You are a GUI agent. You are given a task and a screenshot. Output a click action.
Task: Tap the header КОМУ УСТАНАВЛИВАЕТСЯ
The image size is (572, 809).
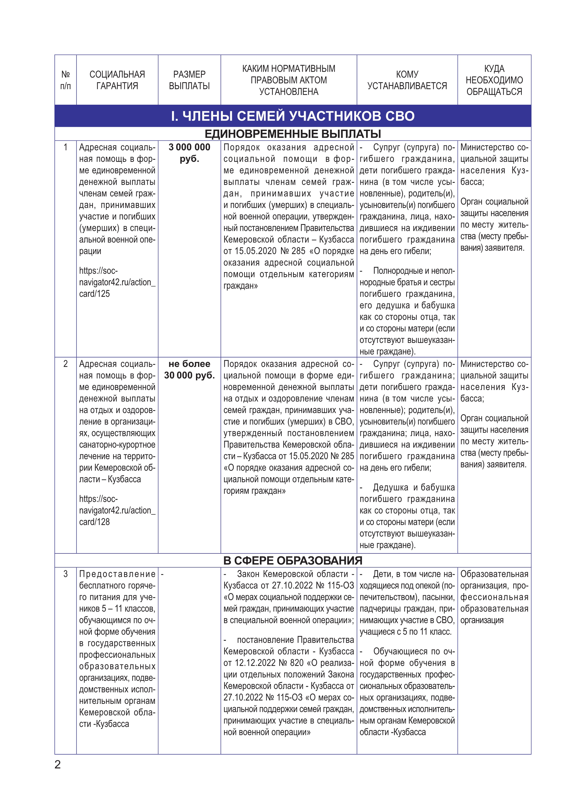(x=407, y=80)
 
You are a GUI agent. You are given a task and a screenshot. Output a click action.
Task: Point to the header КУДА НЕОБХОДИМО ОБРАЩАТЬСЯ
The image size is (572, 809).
(x=494, y=80)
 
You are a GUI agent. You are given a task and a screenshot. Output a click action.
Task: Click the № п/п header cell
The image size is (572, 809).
(x=65, y=80)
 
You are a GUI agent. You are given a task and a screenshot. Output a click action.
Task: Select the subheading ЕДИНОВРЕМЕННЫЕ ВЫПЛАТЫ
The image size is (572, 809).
(x=293, y=134)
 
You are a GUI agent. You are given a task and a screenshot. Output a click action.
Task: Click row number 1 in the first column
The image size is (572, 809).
(x=65, y=147)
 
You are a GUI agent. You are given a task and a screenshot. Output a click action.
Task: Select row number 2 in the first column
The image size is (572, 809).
(x=65, y=364)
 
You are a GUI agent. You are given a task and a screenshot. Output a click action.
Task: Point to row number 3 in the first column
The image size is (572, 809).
(x=65, y=574)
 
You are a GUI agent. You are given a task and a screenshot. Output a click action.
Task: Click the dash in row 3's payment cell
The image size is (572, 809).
(x=162, y=574)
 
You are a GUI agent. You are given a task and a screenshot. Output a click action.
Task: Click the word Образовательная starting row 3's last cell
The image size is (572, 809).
(x=494, y=574)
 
